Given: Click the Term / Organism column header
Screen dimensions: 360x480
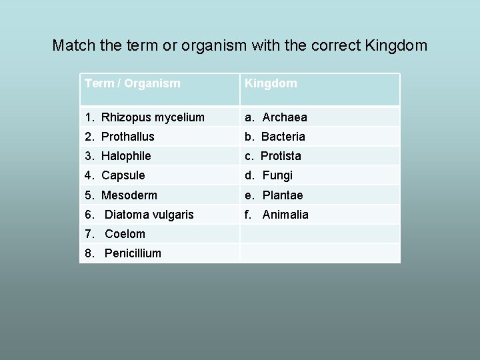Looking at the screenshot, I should click(133, 84).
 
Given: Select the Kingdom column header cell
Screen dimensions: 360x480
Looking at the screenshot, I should click(271, 84).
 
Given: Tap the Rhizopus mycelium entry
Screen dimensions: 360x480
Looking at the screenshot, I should click(145, 117).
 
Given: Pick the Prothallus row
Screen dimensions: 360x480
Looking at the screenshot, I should click(120, 137).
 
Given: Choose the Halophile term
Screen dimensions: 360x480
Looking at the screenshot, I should click(118, 156).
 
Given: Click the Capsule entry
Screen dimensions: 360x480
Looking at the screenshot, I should click(115, 175).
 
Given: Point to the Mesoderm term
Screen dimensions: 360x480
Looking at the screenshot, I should click(121, 195).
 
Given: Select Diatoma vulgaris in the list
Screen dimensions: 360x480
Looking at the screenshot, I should click(139, 215).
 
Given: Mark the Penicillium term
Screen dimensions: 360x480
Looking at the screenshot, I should click(123, 253).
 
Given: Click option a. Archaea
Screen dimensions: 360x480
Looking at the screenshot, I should click(276, 117).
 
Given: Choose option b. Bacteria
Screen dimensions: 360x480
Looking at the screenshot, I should click(275, 137).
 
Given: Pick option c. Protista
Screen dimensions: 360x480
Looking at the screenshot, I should click(273, 156).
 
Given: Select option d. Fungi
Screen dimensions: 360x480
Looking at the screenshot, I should click(269, 175).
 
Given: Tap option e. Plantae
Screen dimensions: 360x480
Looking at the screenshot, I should click(273, 195).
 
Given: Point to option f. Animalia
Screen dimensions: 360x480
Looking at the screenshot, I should click(277, 215).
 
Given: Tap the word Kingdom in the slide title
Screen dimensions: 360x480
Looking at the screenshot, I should click(396, 46).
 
